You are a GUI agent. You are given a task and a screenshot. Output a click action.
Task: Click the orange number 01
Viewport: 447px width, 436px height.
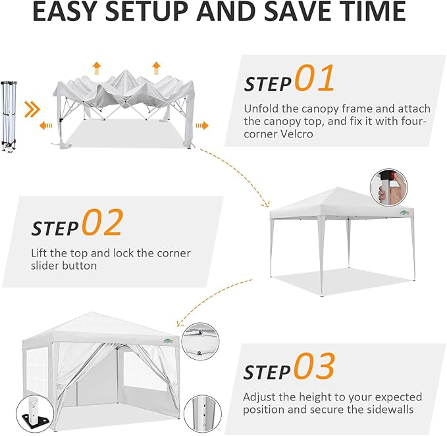pos(314,78)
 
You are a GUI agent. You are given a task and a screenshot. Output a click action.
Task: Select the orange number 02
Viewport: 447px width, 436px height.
pos(103,222)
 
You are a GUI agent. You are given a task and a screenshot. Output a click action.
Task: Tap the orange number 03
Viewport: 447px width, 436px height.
pos(314,366)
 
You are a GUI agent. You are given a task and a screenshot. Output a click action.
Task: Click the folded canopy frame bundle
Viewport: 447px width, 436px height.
pos(9,117)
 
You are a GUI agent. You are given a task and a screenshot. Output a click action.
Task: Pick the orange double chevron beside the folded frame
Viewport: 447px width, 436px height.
pos(32,109)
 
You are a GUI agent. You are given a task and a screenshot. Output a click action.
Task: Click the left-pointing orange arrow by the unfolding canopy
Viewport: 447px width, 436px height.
pos(46,126)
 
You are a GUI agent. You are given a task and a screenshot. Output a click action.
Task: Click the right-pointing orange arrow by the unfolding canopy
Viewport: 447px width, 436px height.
pos(202,126)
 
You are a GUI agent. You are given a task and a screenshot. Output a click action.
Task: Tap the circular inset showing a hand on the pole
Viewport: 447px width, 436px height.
pos(389,187)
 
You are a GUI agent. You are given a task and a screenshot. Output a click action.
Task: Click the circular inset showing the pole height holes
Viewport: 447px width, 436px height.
pos(203,414)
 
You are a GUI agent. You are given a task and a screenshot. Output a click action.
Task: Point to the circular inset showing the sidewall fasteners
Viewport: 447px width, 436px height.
pos(200,341)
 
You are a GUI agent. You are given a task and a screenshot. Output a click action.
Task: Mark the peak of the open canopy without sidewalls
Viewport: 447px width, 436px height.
pos(338,187)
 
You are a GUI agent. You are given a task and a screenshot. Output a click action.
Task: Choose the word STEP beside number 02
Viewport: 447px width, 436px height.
pos(55,228)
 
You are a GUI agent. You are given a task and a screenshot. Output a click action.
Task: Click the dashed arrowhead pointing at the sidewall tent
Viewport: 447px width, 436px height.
pos(180,323)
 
